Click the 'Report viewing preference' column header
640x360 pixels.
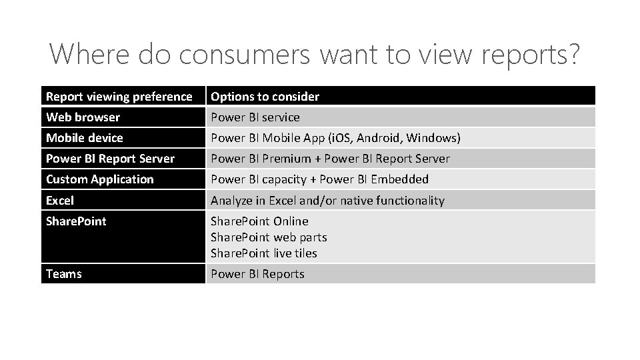pos(119,97)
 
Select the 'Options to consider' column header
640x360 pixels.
pos(265,97)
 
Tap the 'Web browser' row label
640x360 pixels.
pos(83,117)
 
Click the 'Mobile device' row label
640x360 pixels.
pos(84,138)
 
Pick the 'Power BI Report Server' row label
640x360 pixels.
pos(110,159)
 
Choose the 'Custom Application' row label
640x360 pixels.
pos(99,179)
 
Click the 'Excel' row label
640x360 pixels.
pos(60,200)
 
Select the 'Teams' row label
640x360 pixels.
pos(64,274)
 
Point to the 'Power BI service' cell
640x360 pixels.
pos(255,117)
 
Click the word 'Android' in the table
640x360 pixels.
pos(379,138)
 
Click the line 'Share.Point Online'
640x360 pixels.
pos(259,221)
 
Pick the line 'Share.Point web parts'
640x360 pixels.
pos(269,237)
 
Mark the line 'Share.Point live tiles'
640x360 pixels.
pos(264,253)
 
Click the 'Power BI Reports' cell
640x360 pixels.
pos(257,274)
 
